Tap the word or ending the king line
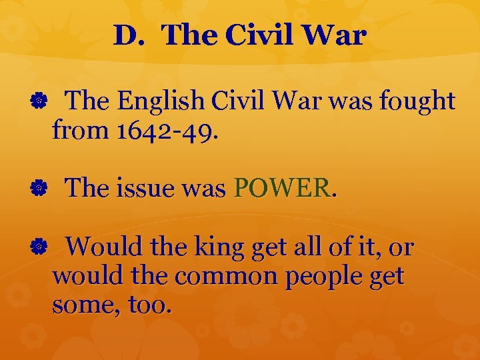[x=401, y=248]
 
